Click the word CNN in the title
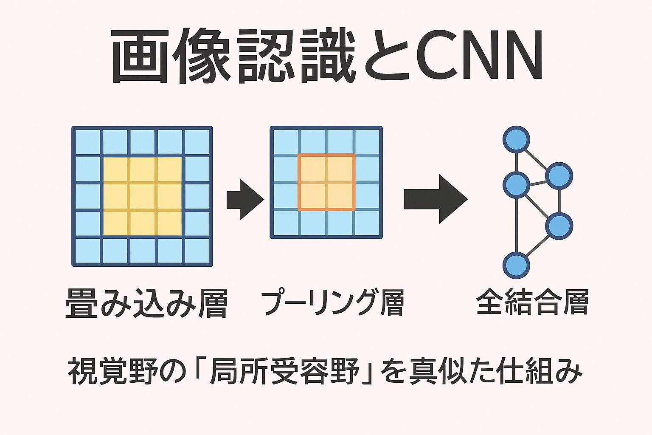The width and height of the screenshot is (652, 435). [480, 56]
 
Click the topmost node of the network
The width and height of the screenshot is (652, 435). [516, 139]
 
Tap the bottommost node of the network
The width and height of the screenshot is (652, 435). [516, 265]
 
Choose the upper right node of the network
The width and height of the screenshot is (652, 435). [559, 175]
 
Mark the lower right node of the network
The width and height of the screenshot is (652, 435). [559, 226]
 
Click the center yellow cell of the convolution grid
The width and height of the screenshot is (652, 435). [142, 197]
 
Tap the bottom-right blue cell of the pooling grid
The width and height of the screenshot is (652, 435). [367, 223]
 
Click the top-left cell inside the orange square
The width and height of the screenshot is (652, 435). [312, 169]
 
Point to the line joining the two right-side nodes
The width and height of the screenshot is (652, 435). [559, 201]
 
